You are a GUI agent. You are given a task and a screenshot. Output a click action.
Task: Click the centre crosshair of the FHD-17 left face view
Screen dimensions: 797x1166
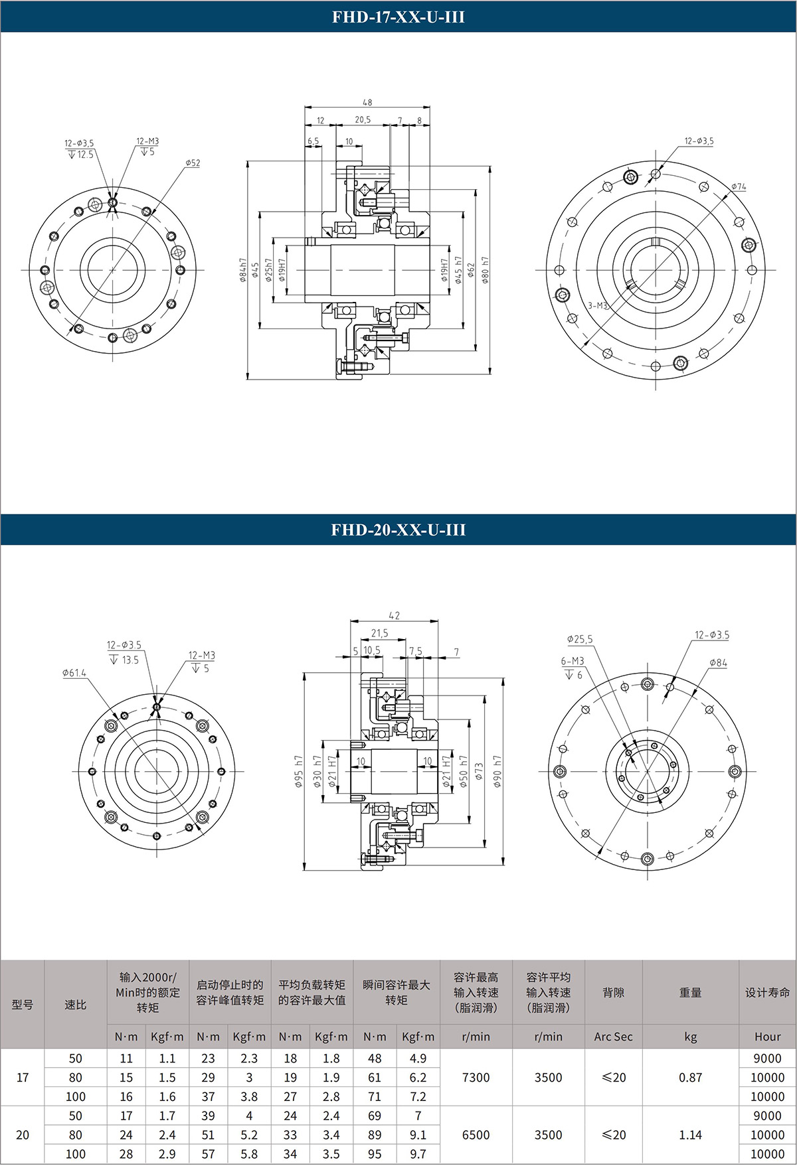click(x=113, y=270)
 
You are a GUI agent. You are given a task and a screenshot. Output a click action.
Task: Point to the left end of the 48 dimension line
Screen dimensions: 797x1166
click(x=305, y=108)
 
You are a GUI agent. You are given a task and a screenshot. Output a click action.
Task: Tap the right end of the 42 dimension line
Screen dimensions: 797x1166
click(x=438, y=621)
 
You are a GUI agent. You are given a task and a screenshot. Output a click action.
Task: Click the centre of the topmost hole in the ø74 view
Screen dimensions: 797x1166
click(x=656, y=174)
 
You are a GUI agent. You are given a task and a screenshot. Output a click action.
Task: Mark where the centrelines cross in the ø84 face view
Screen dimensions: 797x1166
click(x=647, y=772)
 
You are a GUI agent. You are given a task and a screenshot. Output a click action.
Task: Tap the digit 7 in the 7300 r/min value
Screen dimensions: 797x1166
click(x=466, y=1078)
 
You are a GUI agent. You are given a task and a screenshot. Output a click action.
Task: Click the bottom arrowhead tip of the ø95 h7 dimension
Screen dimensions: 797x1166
click(x=304, y=870)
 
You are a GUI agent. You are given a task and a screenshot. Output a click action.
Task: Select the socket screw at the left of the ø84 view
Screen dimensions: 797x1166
click(x=563, y=772)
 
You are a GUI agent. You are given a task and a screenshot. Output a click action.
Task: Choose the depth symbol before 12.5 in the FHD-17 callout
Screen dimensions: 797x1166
click(x=72, y=155)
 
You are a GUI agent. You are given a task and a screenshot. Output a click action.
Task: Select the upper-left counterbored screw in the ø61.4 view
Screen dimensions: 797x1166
click(x=110, y=726)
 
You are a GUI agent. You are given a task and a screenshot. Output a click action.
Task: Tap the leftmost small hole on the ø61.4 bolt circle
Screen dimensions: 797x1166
click(x=92, y=772)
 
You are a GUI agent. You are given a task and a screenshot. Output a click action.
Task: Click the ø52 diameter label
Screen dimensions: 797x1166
click(x=193, y=163)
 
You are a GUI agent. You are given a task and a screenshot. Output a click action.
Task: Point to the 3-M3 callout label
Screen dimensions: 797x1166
click(x=598, y=306)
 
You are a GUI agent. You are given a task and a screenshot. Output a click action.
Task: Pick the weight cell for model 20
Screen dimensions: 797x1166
click(x=691, y=1135)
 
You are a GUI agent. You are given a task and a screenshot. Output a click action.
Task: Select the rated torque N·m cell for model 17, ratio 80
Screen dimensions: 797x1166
click(x=126, y=1078)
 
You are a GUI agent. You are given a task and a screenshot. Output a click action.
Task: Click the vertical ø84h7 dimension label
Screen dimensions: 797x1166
click(x=242, y=270)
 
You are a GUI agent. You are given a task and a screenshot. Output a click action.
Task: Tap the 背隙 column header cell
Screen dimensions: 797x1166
click(x=614, y=992)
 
